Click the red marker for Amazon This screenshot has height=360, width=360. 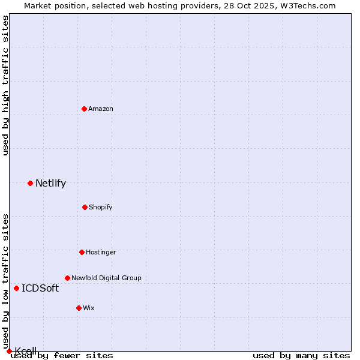(85, 109)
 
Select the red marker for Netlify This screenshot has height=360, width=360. (30, 183)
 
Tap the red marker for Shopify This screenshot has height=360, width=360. (85, 207)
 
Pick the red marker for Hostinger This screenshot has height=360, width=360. (82, 252)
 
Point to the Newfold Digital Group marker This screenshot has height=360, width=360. (67, 278)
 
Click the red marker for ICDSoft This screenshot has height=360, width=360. (16, 288)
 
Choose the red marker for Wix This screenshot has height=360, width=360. (79, 308)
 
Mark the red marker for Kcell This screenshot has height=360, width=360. (9, 351)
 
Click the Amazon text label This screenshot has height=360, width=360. (101, 109)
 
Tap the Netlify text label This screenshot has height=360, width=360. (50, 184)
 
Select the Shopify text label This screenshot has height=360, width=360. (101, 207)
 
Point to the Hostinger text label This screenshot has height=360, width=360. (101, 252)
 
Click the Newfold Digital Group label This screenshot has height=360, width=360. (106, 278)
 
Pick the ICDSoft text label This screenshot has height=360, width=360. (40, 289)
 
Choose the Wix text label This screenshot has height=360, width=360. (89, 308)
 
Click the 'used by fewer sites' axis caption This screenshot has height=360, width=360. (62, 356)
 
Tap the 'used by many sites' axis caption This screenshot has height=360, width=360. (301, 356)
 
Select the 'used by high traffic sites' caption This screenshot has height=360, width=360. (6, 85)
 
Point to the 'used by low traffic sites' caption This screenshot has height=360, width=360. (6, 281)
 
